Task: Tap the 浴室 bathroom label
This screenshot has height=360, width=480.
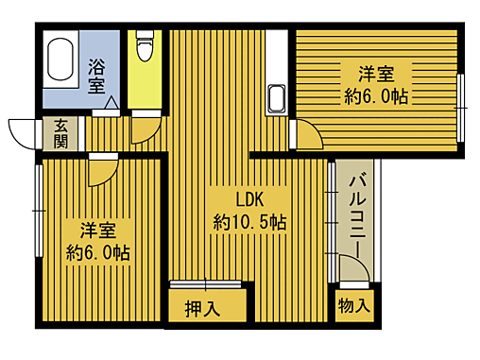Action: pyautogui.click(x=96, y=76)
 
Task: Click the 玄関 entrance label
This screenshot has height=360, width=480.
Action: pyautogui.click(x=60, y=134)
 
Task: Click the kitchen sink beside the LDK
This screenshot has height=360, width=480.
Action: pyautogui.click(x=278, y=96)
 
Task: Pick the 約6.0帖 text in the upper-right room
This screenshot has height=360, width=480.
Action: pyautogui.click(x=376, y=94)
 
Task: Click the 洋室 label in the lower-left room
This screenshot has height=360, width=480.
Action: pyautogui.click(x=97, y=229)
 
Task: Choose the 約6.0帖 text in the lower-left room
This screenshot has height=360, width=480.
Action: pyautogui.click(x=97, y=252)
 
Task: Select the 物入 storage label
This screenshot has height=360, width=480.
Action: pyautogui.click(x=354, y=306)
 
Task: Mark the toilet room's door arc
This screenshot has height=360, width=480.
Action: pyautogui.click(x=145, y=128)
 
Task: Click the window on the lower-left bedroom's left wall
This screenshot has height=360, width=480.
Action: pyautogui.click(x=38, y=210)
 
